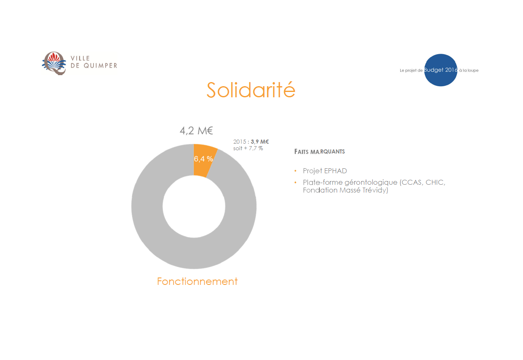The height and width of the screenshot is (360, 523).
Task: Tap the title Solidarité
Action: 251,90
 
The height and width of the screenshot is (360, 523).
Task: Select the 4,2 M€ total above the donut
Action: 196,131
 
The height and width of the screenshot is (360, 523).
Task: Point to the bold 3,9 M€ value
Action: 260,142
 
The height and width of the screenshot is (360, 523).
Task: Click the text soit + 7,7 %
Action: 248,148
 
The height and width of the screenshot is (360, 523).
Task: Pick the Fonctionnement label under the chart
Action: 197,281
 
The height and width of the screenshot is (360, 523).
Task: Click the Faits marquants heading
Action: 319,152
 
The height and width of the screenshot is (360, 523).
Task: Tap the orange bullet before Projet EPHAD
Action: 295,171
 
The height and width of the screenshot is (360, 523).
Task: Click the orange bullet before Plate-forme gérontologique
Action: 295,182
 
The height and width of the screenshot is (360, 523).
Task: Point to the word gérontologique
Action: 371,183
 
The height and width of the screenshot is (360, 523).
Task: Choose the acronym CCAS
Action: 411,182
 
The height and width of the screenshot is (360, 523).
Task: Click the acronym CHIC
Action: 436,182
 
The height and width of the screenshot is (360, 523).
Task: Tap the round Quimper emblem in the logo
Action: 54,63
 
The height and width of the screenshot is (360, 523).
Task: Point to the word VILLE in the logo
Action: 80,58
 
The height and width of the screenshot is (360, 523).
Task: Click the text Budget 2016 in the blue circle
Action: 440,70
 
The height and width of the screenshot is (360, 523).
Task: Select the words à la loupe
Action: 469,70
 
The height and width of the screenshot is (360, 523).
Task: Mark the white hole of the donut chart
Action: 194,206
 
